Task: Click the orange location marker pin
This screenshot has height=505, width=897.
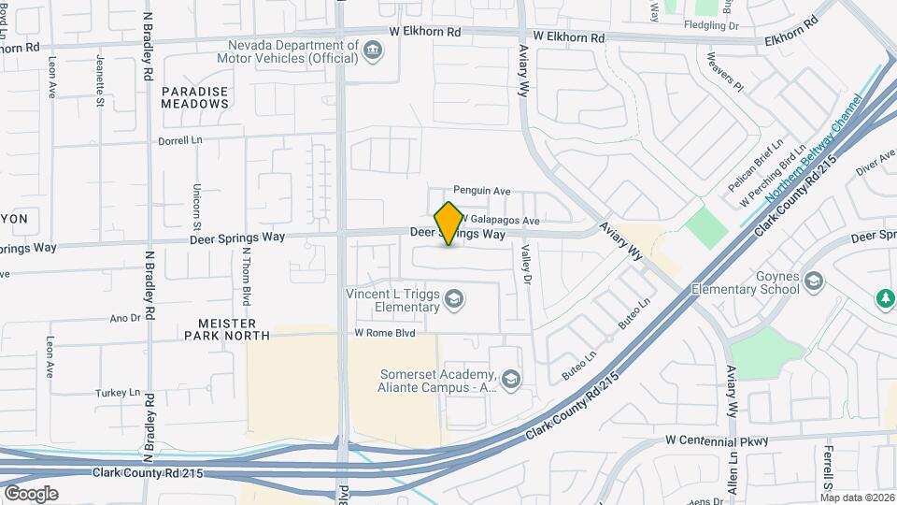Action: (x=448, y=224)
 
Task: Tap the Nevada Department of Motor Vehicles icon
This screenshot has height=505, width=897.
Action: (x=374, y=50)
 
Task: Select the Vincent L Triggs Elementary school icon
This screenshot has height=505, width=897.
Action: (x=454, y=299)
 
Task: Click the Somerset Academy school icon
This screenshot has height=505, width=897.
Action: (x=510, y=380)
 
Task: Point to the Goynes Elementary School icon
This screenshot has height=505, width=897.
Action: (x=814, y=281)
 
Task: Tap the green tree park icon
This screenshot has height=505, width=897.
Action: (x=884, y=298)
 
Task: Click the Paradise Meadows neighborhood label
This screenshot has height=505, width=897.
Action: (x=194, y=97)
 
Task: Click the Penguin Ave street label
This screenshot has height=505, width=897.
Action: (x=482, y=191)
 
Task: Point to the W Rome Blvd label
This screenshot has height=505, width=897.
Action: (x=384, y=333)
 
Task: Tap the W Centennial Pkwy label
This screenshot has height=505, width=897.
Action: (x=717, y=440)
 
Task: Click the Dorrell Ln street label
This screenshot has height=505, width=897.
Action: (x=180, y=139)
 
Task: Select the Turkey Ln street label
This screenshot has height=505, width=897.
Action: (x=118, y=393)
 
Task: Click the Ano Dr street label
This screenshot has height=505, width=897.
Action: (x=124, y=318)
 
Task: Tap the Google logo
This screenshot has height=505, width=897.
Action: (x=31, y=493)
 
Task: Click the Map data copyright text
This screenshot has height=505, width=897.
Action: (x=857, y=498)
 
